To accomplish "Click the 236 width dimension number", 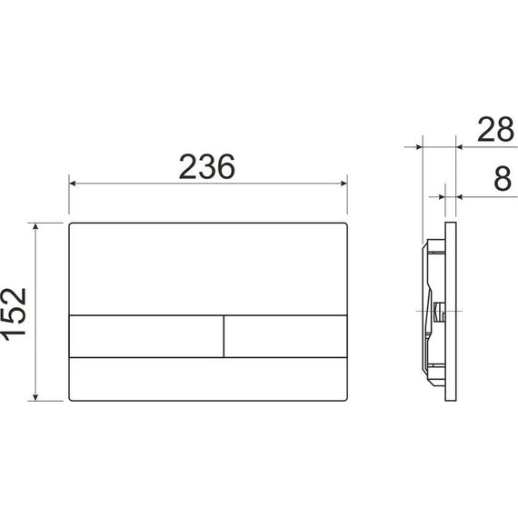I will coord(207,166).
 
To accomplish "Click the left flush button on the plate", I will coord(146,335).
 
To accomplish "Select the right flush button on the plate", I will coord(285,335).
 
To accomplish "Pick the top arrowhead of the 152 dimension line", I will coord(36,225).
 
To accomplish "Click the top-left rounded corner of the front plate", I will coord(72,223).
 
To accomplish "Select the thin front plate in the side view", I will coord(451,310).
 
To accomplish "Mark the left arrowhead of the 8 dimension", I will coord(443,193).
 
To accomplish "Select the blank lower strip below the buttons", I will coord(209,378).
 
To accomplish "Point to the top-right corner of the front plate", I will coord(346,223).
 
